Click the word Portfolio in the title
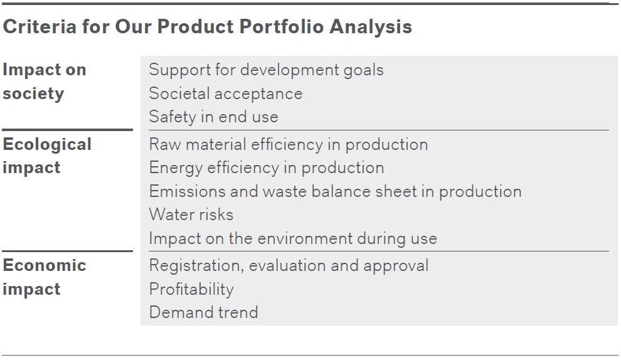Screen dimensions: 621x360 point(281,26)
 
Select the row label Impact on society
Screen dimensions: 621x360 point(45,82)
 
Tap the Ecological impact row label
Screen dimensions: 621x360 point(47,156)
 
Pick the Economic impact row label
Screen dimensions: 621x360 point(45,277)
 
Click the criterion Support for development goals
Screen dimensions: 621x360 point(266,70)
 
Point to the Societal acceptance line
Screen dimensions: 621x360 point(226,93)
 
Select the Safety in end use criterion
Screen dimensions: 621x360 point(213,117)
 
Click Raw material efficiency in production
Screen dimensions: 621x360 point(289,144)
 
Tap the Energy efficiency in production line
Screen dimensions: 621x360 point(267,168)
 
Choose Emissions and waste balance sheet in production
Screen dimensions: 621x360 point(335,191)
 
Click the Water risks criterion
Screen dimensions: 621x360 point(191,214)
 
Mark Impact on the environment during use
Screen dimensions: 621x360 point(293,238)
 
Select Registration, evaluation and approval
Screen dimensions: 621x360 point(289,266)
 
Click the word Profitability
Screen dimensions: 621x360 point(191,289)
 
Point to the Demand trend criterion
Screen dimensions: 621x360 point(204,312)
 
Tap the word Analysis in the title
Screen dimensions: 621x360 point(371,26)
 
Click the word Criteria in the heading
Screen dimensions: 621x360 point(40,26)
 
